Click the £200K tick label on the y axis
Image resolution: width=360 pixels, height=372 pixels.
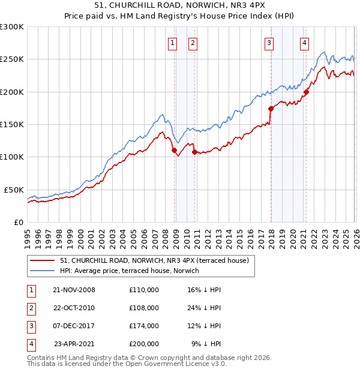[x=12, y=92]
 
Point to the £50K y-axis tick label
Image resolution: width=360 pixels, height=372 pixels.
[x=14, y=190]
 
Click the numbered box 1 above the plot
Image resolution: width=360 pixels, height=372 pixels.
[x=173, y=43]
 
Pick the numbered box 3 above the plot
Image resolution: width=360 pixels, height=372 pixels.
[x=269, y=43]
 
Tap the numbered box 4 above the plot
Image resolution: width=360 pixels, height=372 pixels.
[x=305, y=43]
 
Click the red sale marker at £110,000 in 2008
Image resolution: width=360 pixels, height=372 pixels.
[x=174, y=151]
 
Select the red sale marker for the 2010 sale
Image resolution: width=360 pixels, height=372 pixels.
[x=194, y=152]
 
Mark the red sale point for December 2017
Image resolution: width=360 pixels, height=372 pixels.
[x=271, y=109]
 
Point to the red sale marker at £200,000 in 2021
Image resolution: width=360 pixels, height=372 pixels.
[x=306, y=92]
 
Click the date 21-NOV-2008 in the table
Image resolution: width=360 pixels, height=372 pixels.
[x=74, y=290]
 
